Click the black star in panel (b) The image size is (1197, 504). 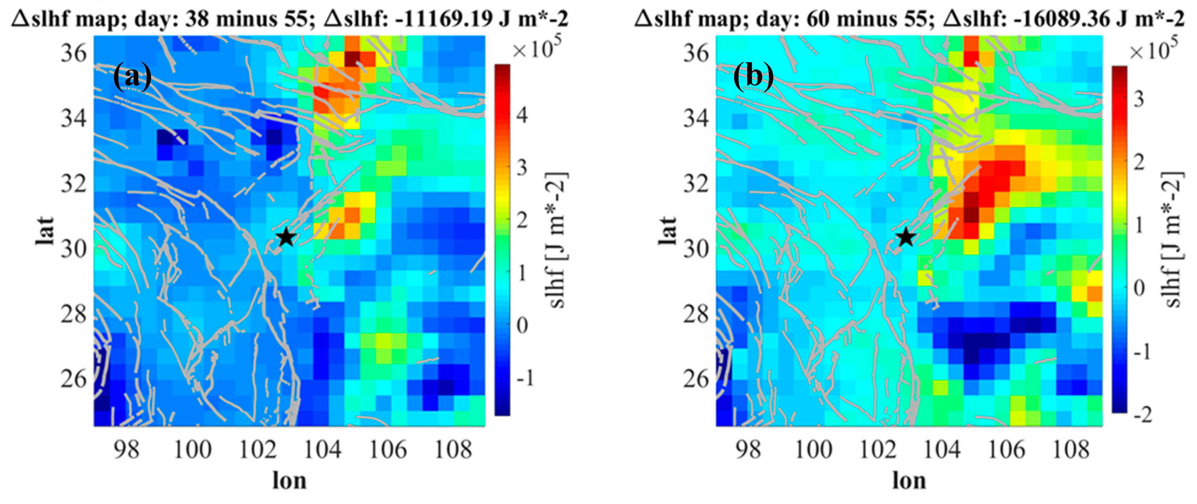(x=906, y=237)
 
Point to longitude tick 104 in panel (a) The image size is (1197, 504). (x=322, y=449)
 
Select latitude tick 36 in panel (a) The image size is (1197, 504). (x=73, y=53)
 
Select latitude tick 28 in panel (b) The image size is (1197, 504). (x=696, y=314)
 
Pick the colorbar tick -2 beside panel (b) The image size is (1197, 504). (x=1142, y=414)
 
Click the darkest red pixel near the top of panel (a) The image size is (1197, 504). (x=352, y=59)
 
